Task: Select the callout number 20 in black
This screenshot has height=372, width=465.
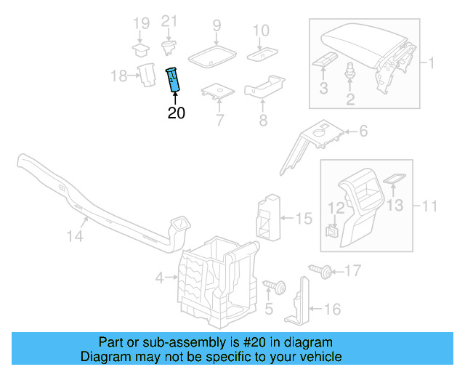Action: pos(176,113)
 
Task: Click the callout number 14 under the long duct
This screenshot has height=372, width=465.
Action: pos(76,236)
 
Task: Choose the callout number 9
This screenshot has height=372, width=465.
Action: pos(217,27)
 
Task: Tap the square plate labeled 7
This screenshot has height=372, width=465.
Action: pos(217,93)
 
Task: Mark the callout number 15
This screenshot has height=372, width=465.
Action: pos(304,217)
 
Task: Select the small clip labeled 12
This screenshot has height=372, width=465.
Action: pos(333,232)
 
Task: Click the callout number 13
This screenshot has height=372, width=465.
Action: pos(394,206)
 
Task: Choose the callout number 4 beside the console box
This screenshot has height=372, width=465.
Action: pos(160,277)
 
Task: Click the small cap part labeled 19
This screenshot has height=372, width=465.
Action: pos(139,50)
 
